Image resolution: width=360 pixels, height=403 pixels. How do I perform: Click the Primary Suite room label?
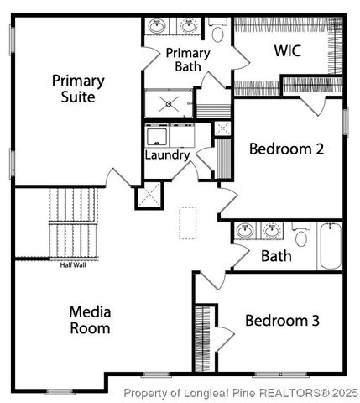(x=78, y=88)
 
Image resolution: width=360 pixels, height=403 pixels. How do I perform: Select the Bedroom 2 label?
(x=286, y=149)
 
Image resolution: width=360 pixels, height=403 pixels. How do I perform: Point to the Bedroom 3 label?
(x=281, y=320)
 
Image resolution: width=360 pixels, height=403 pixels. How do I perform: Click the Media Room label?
(x=90, y=319)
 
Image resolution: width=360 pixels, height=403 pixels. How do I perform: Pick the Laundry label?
(x=167, y=155)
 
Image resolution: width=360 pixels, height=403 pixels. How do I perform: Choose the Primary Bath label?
(x=187, y=61)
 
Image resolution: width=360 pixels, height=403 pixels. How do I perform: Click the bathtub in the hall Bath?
(x=330, y=245)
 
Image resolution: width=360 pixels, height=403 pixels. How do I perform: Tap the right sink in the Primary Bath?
(x=189, y=27)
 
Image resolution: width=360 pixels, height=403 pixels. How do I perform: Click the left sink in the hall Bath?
(x=246, y=230)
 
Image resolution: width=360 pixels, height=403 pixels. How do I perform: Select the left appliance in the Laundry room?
(x=157, y=136)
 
